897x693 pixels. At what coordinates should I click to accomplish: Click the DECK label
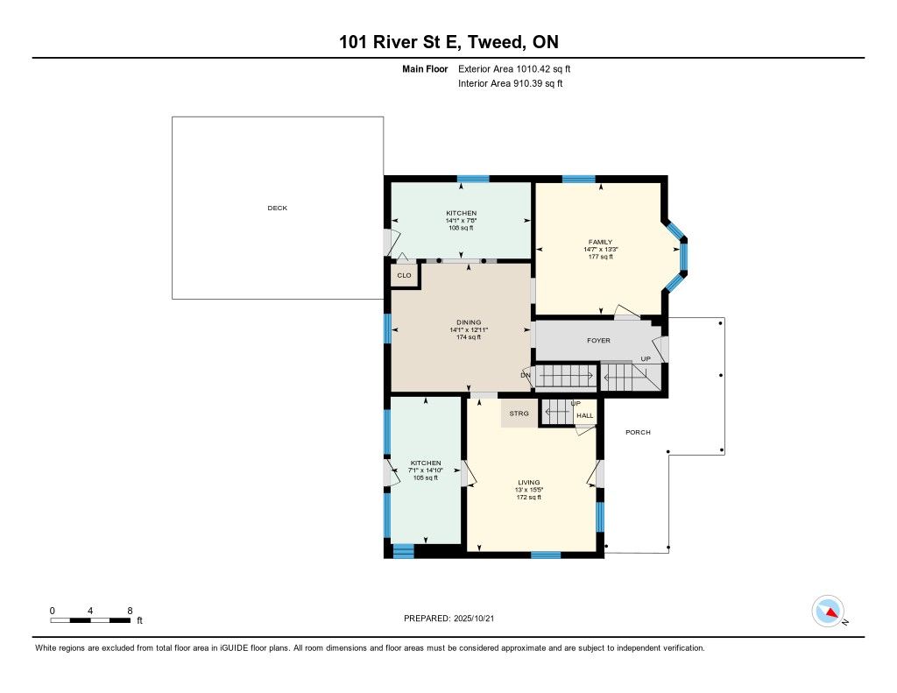278,209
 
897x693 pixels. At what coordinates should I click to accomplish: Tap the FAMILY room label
600,242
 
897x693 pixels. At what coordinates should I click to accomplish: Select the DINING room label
469,322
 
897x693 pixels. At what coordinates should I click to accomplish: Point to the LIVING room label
528,483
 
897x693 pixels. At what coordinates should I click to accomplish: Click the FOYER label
598,341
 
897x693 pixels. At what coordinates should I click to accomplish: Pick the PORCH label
638,433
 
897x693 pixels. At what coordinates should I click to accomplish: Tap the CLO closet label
404,275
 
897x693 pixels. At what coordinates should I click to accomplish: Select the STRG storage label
519,414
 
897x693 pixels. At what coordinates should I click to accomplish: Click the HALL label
584,415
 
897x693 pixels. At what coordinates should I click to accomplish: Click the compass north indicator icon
828,612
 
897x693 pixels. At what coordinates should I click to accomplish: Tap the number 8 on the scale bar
130,611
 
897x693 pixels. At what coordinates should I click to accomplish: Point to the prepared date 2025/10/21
474,619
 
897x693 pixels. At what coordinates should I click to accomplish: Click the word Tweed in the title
496,42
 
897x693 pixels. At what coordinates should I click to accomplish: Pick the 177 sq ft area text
600,257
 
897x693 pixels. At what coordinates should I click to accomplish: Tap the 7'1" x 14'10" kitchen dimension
426,470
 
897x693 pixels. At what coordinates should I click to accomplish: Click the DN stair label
526,375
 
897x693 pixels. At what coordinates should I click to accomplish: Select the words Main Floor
425,69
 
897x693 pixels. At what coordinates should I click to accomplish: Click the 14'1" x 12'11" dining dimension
469,329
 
